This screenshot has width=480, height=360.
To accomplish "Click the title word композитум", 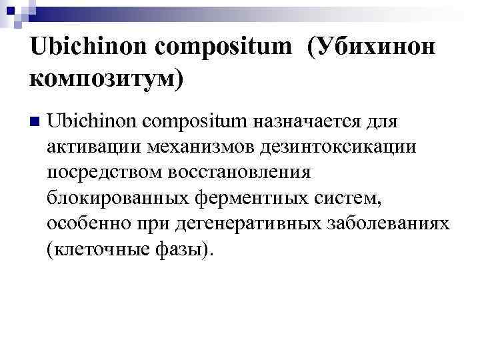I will click(105, 78).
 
